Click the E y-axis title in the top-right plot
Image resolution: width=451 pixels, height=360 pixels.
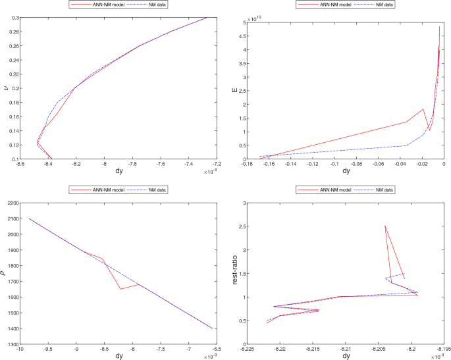[x=234, y=91]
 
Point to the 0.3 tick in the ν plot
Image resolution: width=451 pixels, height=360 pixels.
[x=13, y=17]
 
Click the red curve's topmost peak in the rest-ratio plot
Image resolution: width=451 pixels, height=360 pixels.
[x=385, y=226]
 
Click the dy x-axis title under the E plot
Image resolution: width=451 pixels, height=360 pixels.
[x=346, y=172]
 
